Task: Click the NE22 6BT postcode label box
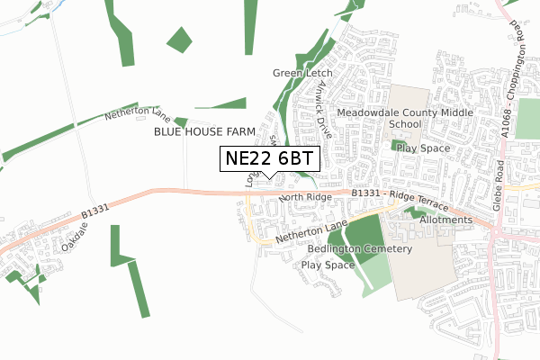(x=270, y=157)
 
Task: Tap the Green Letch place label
(x=302, y=73)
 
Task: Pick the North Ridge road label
(x=306, y=196)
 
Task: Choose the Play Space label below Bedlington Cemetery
(x=328, y=265)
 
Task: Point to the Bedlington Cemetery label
(x=359, y=248)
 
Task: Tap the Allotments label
(x=445, y=220)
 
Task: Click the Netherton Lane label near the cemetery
(x=311, y=231)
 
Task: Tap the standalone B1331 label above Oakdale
(x=94, y=210)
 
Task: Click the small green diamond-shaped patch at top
(x=180, y=40)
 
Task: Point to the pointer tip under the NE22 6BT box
(x=270, y=176)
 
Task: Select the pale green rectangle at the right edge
(x=528, y=119)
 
